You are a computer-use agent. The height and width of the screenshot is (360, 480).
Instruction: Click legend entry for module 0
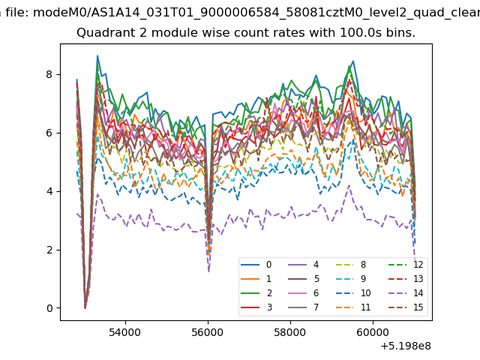click(x=256, y=265)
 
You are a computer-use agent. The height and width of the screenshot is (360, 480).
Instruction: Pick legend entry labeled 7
click(x=304, y=307)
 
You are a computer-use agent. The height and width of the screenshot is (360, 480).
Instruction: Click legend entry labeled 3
click(x=256, y=307)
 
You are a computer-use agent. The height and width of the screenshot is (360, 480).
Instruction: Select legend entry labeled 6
click(x=304, y=293)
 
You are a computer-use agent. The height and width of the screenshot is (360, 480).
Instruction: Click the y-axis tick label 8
click(x=49, y=74)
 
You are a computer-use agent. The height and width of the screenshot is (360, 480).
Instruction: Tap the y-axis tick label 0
click(x=49, y=308)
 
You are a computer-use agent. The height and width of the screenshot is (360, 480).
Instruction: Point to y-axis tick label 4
click(x=49, y=191)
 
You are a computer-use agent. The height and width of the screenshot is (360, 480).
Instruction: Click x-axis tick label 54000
click(x=125, y=332)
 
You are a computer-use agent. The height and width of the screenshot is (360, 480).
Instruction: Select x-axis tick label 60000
click(x=373, y=332)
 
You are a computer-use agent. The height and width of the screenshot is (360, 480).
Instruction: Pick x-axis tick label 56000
click(x=208, y=332)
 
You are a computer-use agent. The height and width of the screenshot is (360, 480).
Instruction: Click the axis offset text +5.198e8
click(x=406, y=346)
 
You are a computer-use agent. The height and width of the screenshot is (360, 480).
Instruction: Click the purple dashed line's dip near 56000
click(x=208, y=271)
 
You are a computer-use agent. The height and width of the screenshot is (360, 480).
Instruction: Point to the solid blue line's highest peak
click(x=97, y=55)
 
